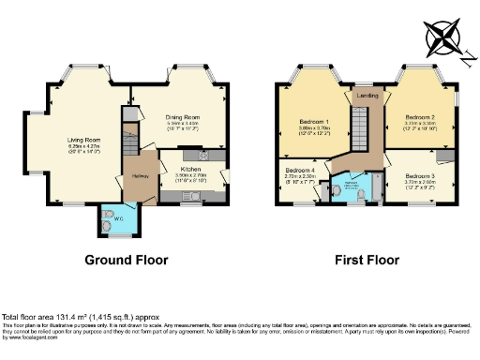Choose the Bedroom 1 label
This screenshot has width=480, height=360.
(x=313, y=123)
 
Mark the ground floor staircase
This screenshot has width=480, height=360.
(x=130, y=136)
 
